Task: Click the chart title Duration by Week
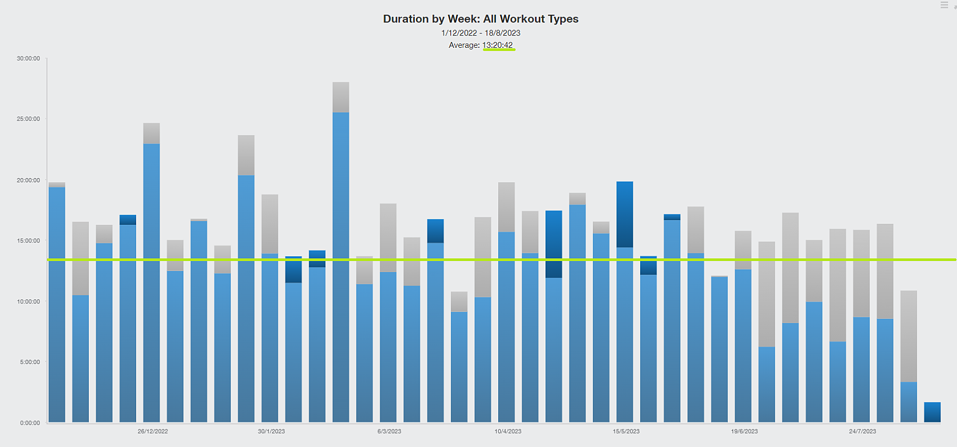coord(480,19)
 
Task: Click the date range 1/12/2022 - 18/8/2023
coord(480,33)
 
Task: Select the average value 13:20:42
coord(498,45)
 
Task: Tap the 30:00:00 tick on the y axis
coord(28,58)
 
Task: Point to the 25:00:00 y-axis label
coord(28,119)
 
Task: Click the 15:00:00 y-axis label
coord(28,241)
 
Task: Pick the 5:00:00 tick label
coord(30,362)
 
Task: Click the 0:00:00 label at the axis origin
coord(30,423)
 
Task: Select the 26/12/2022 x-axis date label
coord(153,431)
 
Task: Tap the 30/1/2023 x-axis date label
coord(271,431)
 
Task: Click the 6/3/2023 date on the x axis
coord(389,431)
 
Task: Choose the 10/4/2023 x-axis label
coord(508,431)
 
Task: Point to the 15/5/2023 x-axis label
coord(626,431)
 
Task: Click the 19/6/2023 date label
coord(744,431)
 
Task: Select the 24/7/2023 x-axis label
coord(862,431)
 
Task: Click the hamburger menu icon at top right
coord(944,5)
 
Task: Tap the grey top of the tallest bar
coord(341,97)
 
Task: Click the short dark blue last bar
coord(932,412)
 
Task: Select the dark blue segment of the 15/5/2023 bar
coord(625,214)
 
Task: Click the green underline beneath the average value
coord(499,50)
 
